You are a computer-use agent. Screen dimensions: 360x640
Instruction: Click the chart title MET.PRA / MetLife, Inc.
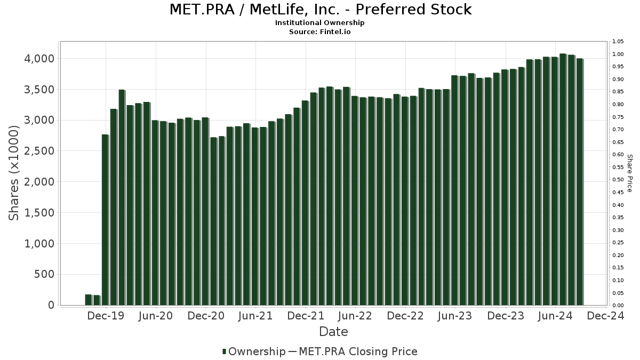tap(320, 10)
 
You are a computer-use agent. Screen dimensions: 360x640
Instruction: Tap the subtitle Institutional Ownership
tap(320, 23)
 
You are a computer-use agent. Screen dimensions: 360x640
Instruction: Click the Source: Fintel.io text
tap(320, 32)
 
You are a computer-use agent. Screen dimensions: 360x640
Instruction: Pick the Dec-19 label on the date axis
tap(106, 316)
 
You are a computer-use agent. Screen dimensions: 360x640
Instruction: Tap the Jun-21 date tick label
tap(255, 316)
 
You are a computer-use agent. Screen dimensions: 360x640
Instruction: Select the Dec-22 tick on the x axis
tap(405, 316)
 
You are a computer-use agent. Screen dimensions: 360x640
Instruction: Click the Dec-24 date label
tap(605, 316)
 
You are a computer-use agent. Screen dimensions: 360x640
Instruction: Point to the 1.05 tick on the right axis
tap(618, 42)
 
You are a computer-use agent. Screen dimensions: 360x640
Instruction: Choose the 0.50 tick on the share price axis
tap(618, 180)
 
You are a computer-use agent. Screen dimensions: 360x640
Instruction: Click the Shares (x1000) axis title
tap(14, 173)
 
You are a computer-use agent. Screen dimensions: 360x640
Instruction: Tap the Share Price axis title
tap(629, 173)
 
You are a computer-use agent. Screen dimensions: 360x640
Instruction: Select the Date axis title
tap(333, 332)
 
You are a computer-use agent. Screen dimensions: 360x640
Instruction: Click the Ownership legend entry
tap(254, 351)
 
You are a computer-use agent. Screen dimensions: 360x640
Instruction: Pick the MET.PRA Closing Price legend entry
tap(358, 351)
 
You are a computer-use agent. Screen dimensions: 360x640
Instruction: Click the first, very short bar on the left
tap(88, 300)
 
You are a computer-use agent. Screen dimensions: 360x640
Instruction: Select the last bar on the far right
tap(580, 181)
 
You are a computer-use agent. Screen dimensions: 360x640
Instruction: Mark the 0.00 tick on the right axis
tap(618, 306)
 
